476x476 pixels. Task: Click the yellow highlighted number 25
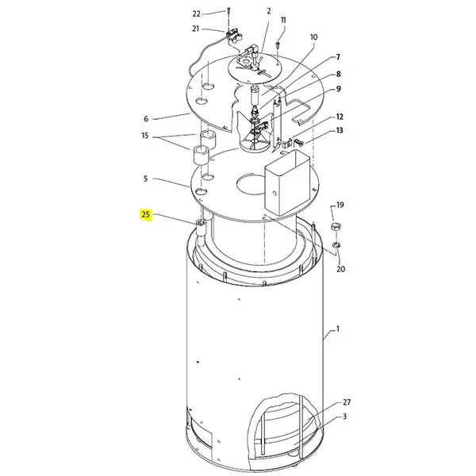click(x=146, y=215)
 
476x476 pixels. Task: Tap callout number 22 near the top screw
click(x=197, y=14)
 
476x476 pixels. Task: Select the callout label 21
click(x=195, y=29)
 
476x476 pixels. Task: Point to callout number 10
click(x=313, y=37)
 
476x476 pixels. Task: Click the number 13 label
click(x=340, y=130)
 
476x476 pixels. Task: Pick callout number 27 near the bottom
click(x=347, y=402)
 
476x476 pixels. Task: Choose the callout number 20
click(x=340, y=269)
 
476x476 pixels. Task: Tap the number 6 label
click(x=146, y=119)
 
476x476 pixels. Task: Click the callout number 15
click(x=145, y=136)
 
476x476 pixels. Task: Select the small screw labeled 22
click(x=228, y=11)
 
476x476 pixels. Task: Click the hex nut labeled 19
click(x=335, y=226)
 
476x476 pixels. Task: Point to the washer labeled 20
click(x=336, y=244)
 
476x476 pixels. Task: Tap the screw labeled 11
click(x=277, y=45)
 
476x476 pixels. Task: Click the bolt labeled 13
click(x=299, y=141)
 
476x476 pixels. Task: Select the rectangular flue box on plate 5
click(x=287, y=182)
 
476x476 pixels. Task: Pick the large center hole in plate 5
click(x=251, y=184)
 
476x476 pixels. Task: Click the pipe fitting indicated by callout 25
click(x=201, y=228)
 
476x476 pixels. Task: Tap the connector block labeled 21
click(x=235, y=36)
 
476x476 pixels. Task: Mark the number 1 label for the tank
click(x=337, y=329)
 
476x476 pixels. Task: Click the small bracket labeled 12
click(x=288, y=142)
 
